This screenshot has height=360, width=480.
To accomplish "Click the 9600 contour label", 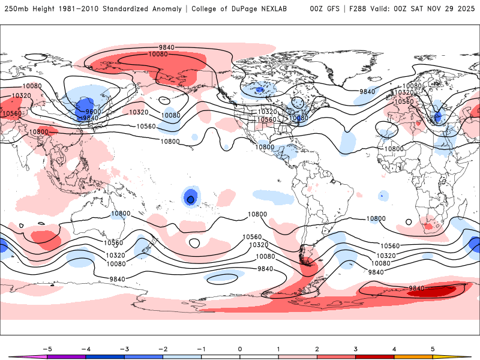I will tap(94, 112).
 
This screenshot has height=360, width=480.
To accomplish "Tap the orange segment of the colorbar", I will tap(413, 356).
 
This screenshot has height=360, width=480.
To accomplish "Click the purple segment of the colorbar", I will tap(67, 356).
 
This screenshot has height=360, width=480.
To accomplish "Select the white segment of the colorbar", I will tap(240, 356).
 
